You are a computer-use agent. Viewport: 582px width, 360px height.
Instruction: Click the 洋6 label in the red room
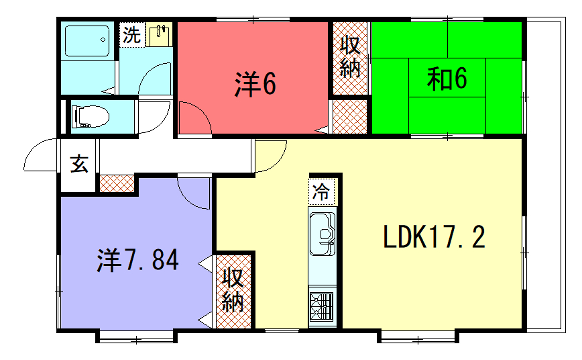click(x=256, y=84)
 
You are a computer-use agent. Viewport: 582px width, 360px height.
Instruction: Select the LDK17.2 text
click(x=435, y=238)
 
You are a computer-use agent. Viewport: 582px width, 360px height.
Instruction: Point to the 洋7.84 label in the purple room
click(x=137, y=261)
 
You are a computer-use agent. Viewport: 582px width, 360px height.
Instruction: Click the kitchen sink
click(x=322, y=237)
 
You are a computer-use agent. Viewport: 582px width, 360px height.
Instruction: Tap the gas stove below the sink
click(x=322, y=304)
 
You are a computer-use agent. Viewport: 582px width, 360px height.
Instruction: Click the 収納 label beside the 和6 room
click(x=350, y=57)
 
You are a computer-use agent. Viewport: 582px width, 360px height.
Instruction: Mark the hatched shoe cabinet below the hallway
click(x=117, y=183)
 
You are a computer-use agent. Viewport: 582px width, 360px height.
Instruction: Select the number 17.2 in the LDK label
click(x=465, y=238)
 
